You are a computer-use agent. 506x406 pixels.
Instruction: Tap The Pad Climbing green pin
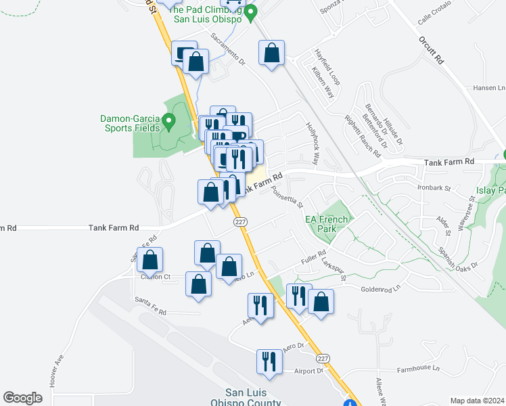coord(252,12)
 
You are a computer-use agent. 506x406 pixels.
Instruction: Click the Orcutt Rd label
coord(431,51)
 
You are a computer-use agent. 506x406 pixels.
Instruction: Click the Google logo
coord(22,398)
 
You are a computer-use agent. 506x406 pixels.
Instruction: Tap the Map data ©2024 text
coord(477,401)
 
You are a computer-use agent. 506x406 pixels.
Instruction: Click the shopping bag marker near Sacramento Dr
coord(271,53)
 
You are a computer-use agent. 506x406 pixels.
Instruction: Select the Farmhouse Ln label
coord(418,369)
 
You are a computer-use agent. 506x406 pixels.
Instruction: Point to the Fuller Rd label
coord(313,261)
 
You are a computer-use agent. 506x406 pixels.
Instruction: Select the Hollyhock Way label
coord(314,143)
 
